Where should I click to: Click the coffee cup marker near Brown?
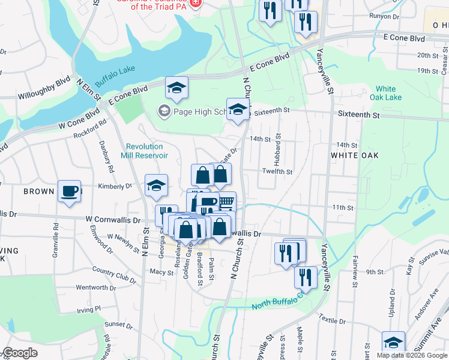click(69, 191)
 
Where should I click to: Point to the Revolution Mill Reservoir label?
click(147, 151)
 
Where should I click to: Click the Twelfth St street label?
click(277, 172)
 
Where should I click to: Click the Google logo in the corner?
click(20, 353)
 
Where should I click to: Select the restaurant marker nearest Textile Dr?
click(306, 277)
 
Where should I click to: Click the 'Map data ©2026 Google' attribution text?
click(412, 355)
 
